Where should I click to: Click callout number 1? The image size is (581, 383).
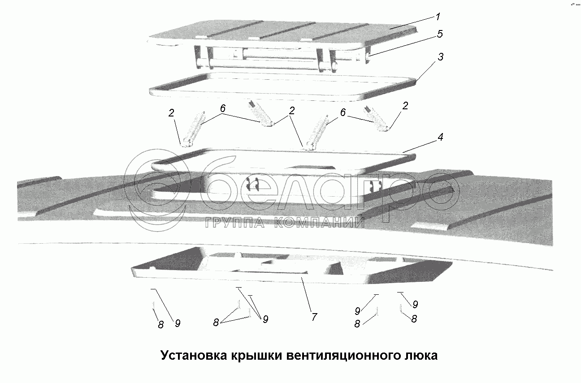click(438, 17)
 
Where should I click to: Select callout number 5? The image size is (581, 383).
click(440, 33)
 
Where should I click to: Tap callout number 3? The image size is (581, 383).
click(441, 57)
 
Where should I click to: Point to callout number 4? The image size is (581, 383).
click(440, 138)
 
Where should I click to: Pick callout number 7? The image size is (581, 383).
click(314, 317)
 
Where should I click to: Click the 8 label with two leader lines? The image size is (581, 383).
click(216, 322)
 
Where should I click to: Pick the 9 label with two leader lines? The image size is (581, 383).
click(265, 319)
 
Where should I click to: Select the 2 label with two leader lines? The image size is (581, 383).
click(291, 112)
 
